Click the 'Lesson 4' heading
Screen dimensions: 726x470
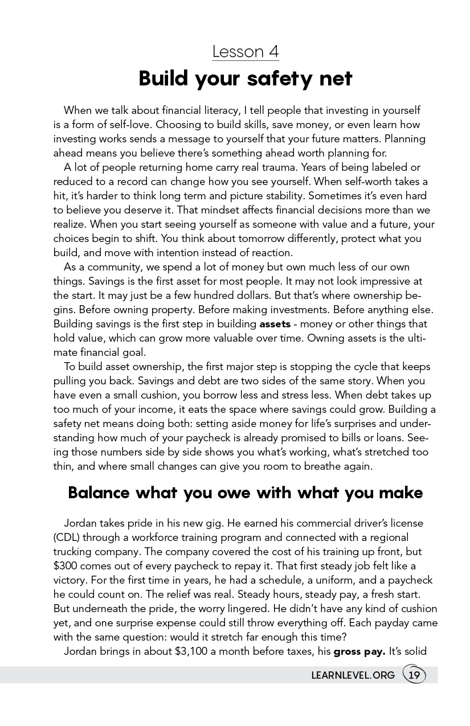point(246,52)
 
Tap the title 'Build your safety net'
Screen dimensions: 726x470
point(246,79)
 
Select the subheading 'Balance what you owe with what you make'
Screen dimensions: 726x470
point(246,493)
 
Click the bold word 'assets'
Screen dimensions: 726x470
point(275,324)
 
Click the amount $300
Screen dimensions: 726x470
point(66,565)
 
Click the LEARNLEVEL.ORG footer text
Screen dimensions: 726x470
point(353,675)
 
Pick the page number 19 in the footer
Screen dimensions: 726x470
point(414,675)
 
